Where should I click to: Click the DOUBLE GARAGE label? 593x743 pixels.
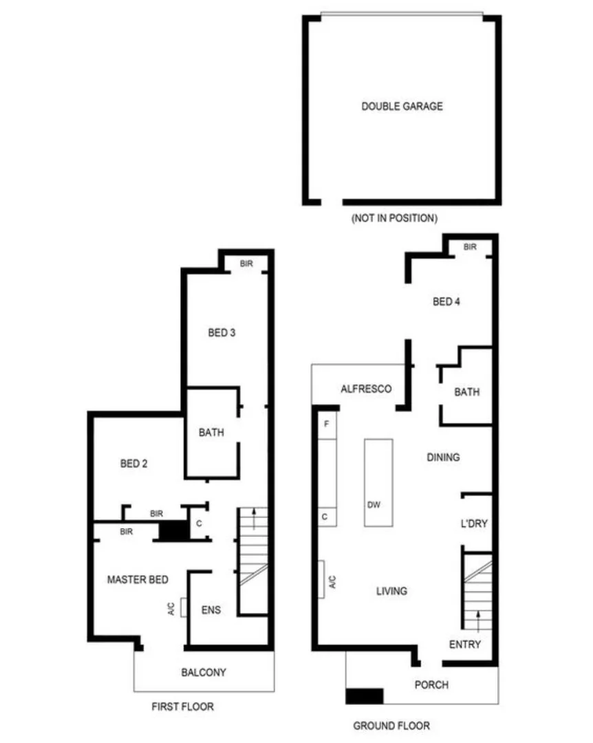pyautogui.click(x=402, y=107)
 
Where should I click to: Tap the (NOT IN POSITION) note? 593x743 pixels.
pyautogui.click(x=394, y=218)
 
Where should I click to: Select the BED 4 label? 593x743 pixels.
pyautogui.click(x=446, y=301)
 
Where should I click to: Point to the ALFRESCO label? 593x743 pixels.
pyautogui.click(x=366, y=389)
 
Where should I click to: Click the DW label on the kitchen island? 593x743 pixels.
pyautogui.click(x=374, y=504)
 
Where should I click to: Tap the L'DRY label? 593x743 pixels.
pyautogui.click(x=473, y=524)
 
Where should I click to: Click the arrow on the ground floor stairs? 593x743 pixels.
pyautogui.click(x=478, y=619)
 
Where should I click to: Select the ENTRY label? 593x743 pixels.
pyautogui.click(x=465, y=645)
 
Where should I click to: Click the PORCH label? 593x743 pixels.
pyautogui.click(x=432, y=685)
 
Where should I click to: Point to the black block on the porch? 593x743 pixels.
pyautogui.click(x=364, y=696)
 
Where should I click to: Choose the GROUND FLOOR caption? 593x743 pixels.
pyautogui.click(x=391, y=725)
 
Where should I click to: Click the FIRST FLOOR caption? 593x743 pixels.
pyautogui.click(x=182, y=707)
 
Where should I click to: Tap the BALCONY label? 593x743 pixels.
pyautogui.click(x=204, y=672)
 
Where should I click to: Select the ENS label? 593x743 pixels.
pyautogui.click(x=211, y=610)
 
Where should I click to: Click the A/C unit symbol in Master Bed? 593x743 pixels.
pyautogui.click(x=184, y=607)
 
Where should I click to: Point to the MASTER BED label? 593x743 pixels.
pyautogui.click(x=138, y=580)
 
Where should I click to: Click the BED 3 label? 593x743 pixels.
pyautogui.click(x=222, y=333)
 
